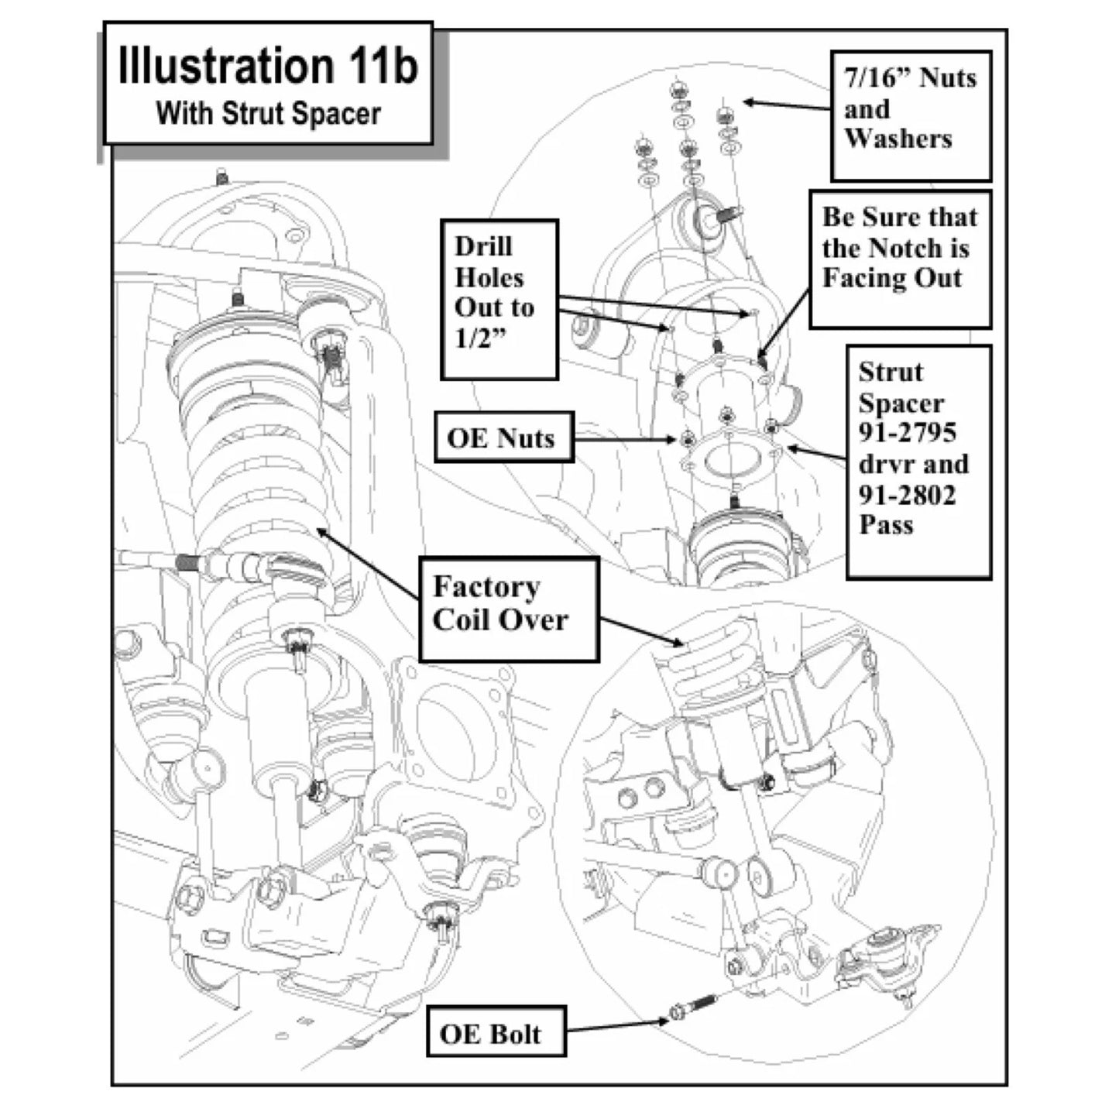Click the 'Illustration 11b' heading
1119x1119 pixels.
(268, 65)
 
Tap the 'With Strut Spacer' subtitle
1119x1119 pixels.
(268, 113)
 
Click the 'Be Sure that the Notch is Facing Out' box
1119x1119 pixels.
(901, 259)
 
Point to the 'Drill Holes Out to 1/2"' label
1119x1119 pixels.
(499, 300)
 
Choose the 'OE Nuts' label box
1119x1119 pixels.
(504, 438)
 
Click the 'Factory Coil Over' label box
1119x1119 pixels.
(510, 609)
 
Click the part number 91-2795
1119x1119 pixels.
(907, 432)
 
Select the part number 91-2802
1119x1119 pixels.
(907, 496)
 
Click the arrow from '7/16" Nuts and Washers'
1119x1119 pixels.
(787, 105)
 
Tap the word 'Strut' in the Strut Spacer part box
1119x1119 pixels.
(891, 372)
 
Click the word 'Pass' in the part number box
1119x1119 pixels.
(886, 524)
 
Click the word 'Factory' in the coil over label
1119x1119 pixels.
(486, 587)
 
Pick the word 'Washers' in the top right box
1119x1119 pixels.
(898, 139)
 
